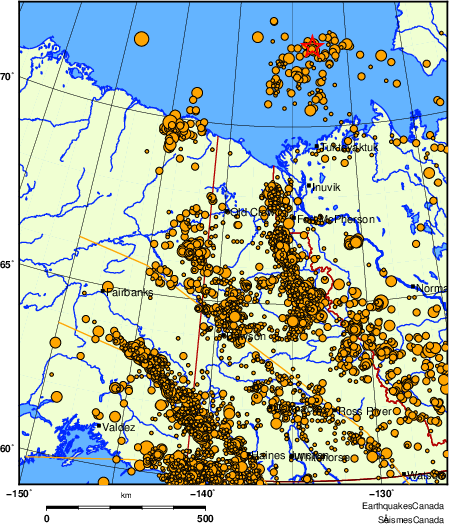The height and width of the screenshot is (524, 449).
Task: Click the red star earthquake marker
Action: [x=311, y=46]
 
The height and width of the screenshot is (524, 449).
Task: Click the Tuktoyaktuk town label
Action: [x=349, y=148]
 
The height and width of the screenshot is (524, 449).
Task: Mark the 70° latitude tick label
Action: [x=8, y=77]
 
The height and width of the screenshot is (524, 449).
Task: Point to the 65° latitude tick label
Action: [x=8, y=266]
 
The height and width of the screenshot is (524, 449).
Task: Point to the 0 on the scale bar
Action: [x=47, y=518]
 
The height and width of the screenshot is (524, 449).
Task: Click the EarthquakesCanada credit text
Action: [x=405, y=507]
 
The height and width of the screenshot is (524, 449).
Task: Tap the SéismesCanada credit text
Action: [x=410, y=519]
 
